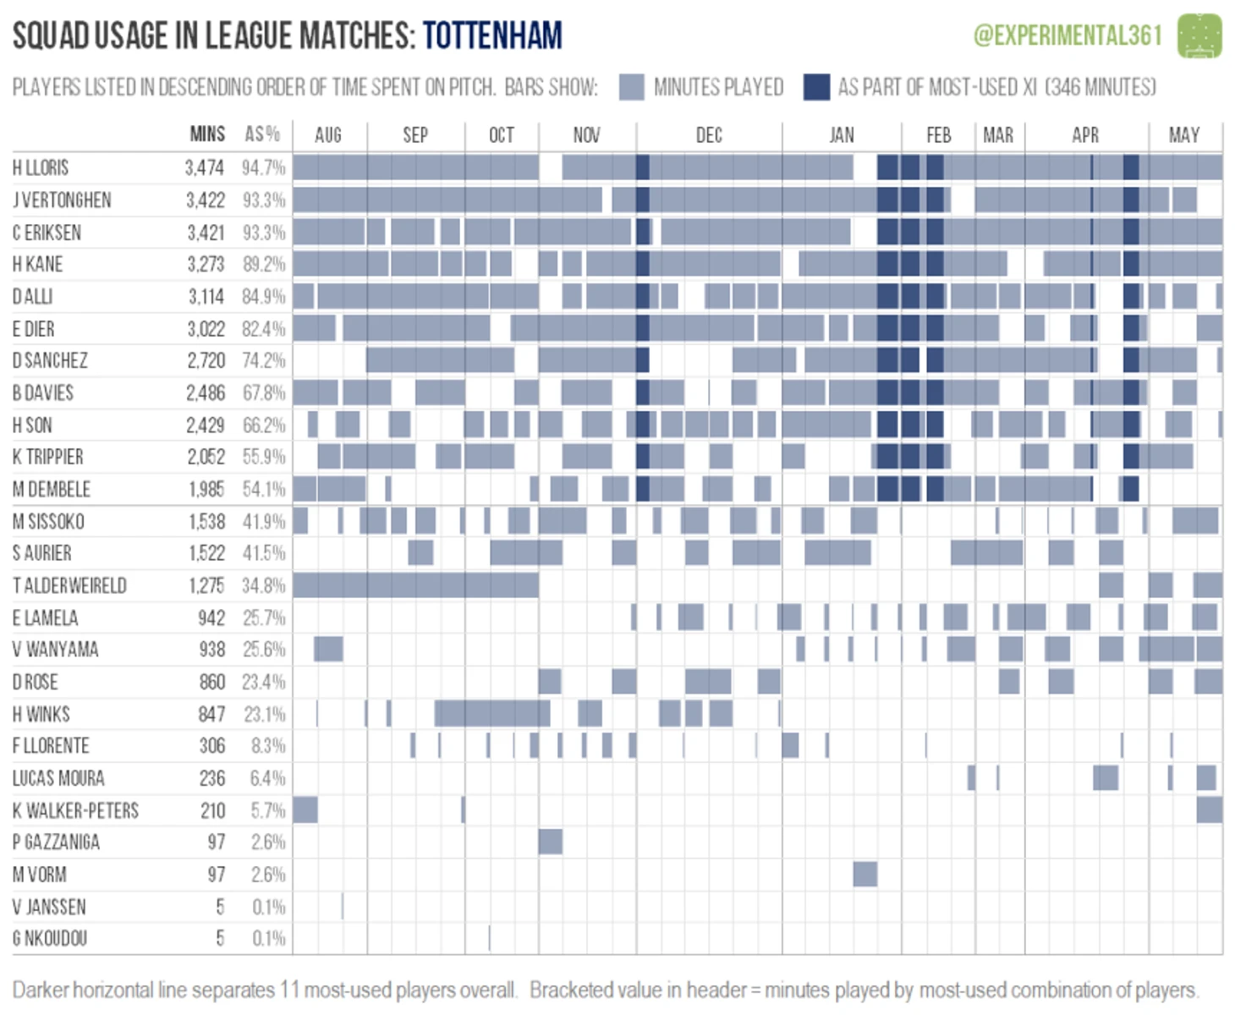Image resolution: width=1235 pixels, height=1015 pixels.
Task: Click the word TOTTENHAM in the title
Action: [492, 36]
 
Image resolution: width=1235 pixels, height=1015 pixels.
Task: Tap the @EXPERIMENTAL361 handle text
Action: [1068, 36]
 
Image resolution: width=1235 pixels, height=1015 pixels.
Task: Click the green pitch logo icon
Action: [1199, 36]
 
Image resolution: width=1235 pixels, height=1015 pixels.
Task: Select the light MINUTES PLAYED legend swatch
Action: [631, 87]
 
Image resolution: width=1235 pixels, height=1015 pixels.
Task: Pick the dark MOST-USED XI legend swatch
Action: [816, 87]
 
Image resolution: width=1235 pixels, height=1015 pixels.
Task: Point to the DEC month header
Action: [709, 135]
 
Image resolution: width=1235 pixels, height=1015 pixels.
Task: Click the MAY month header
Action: [1183, 135]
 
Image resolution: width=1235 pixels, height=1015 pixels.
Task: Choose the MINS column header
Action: [207, 134]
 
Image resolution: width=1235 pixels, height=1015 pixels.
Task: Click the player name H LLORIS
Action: [41, 167]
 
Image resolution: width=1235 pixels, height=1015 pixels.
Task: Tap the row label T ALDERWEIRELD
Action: [69, 585]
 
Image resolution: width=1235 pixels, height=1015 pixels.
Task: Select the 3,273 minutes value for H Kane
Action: [206, 265]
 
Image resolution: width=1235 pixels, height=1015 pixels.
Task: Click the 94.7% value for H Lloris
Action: [263, 167]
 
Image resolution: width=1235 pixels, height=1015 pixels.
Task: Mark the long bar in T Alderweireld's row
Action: [415, 585]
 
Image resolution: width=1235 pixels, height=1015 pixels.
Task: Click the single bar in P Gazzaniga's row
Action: [550, 842]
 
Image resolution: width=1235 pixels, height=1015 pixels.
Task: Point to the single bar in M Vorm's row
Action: [864, 874]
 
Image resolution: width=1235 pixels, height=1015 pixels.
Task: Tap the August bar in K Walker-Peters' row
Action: [305, 809]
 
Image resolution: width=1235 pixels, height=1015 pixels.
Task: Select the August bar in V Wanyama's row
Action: [328, 650]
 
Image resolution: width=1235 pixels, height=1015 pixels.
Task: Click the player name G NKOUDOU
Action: [50, 938]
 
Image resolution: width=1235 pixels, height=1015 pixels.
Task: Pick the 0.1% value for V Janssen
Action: [269, 907]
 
